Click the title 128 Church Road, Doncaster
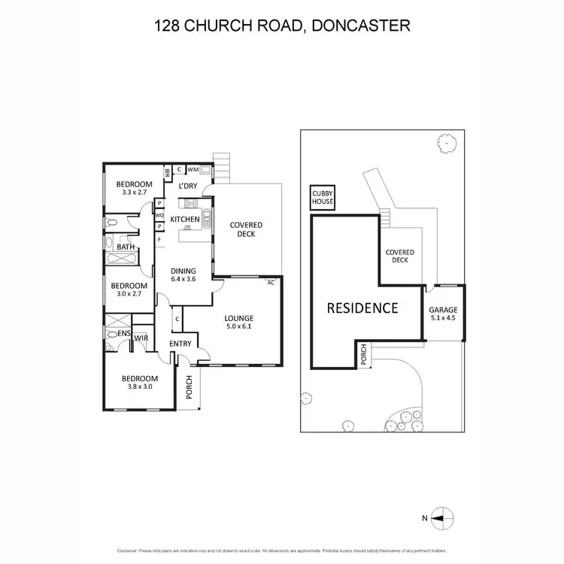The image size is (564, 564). click(x=282, y=26)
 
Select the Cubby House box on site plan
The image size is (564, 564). click(x=323, y=197)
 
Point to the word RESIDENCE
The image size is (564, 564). click(x=362, y=308)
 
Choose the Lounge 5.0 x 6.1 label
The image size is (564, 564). click(x=239, y=323)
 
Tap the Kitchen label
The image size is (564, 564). click(x=184, y=220)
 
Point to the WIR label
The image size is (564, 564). click(x=140, y=339)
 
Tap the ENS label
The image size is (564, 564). click(x=123, y=332)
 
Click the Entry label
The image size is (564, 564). click(x=180, y=344)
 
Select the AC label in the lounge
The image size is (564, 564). click(x=270, y=283)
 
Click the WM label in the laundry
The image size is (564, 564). click(x=193, y=170)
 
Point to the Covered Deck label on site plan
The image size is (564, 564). click(x=399, y=256)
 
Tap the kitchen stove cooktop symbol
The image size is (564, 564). click(x=190, y=203)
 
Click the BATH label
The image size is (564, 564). click(x=125, y=246)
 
